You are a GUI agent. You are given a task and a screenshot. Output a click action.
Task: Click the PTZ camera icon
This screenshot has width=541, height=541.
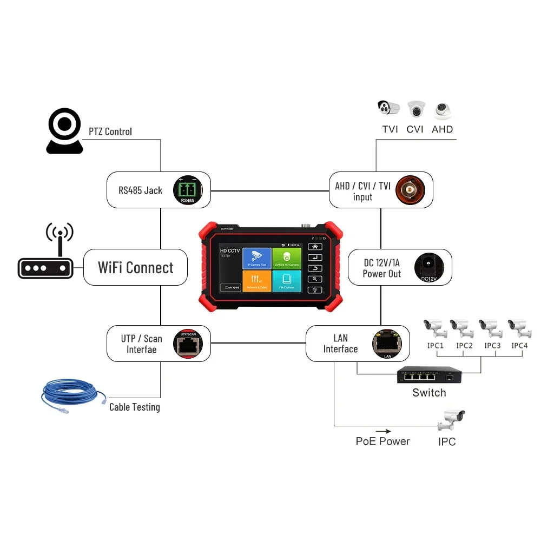[x=64, y=131]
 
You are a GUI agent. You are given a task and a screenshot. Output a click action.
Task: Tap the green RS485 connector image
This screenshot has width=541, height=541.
[x=187, y=190]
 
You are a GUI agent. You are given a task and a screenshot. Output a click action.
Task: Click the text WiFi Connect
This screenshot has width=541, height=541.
[x=136, y=268]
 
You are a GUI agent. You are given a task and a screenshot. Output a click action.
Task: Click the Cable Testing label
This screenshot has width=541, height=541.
[x=135, y=407]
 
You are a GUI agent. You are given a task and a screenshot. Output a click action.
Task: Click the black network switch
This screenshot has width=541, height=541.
[x=429, y=374]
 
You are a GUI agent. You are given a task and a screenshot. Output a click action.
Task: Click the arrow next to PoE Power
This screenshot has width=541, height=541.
[x=384, y=431]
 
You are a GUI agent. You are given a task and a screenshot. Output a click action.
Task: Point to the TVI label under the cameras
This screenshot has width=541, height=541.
[x=390, y=129]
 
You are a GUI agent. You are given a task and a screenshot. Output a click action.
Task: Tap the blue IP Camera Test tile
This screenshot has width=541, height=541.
[x=256, y=259]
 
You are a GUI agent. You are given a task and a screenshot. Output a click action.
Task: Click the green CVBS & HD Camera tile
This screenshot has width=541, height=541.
[x=286, y=259]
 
